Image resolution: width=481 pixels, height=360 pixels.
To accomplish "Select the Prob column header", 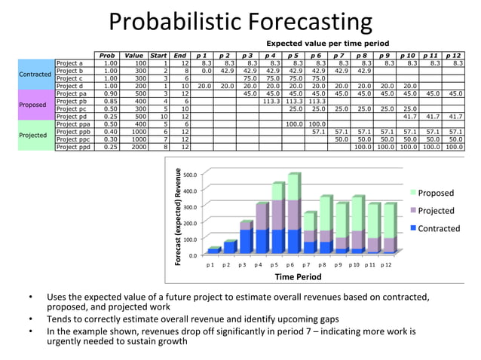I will pos(108,55).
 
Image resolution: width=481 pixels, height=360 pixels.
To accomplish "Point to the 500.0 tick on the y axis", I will pos(190,174).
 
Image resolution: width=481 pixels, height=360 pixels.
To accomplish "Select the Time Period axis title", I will pos(298,277).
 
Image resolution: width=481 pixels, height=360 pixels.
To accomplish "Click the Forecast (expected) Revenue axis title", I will pos(179,215).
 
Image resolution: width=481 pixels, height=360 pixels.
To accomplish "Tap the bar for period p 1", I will pos(213,249).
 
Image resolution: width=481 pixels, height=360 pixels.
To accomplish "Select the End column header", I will pos(179,55).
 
